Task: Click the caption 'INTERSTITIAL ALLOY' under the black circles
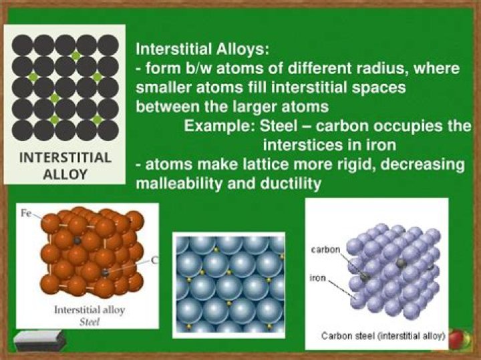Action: click(65, 166)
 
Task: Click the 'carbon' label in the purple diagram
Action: click(327, 250)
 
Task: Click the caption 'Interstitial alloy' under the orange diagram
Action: click(88, 310)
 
